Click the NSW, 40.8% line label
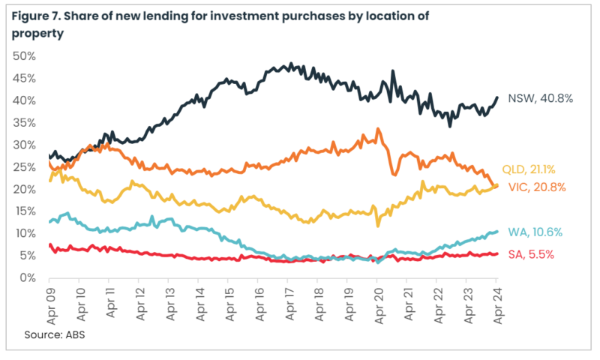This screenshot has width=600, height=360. pyautogui.click(x=541, y=98)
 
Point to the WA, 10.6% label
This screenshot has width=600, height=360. pyautogui.click(x=535, y=232)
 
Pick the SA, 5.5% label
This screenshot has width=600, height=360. pyautogui.click(x=532, y=254)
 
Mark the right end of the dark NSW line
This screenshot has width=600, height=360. pyautogui.click(x=498, y=97)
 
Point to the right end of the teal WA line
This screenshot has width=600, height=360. pyautogui.click(x=498, y=232)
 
